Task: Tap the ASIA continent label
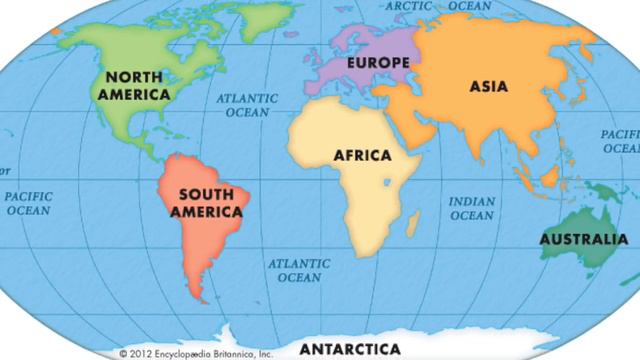click(488, 86)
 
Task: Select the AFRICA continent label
click(362, 156)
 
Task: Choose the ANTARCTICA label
click(350, 349)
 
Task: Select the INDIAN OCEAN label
click(471, 208)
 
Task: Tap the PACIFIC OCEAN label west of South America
click(29, 204)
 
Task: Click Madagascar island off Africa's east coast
click(412, 221)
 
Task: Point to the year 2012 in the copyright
click(142, 353)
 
